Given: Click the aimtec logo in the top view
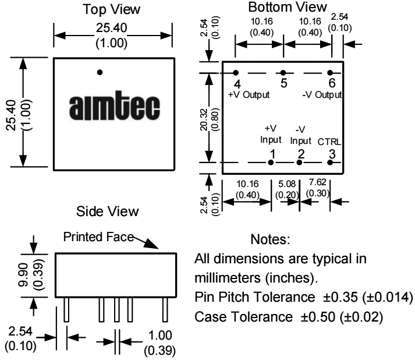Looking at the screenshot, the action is tap(115, 106).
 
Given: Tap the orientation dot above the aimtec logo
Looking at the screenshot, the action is tap(100, 72).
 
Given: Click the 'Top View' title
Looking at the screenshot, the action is tap(111, 9).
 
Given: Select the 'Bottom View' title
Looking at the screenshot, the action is tap(288, 7).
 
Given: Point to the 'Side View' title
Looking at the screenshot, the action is tap(108, 211).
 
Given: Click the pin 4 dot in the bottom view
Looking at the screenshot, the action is tap(236, 73).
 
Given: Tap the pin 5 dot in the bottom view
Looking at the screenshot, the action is tap(283, 73).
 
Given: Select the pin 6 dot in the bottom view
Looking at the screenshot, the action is tap(330, 73).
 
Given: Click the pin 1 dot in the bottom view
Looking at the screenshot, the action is tap(271, 163).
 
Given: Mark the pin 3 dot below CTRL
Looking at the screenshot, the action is tap(330, 163).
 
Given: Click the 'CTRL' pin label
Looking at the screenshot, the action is tap(329, 142).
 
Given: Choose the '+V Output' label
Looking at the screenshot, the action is tap(249, 95).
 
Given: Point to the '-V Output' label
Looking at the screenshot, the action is tap(322, 95).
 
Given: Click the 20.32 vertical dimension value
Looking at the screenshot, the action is tap(204, 119).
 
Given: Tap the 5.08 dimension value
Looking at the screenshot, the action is tap(287, 183).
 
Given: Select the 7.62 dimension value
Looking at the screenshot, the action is tap(318, 182).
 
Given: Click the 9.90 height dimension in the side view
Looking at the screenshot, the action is tap(23, 275).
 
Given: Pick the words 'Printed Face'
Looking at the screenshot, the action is tap(98, 237).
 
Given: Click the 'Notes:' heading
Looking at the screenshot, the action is tap(270, 239).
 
